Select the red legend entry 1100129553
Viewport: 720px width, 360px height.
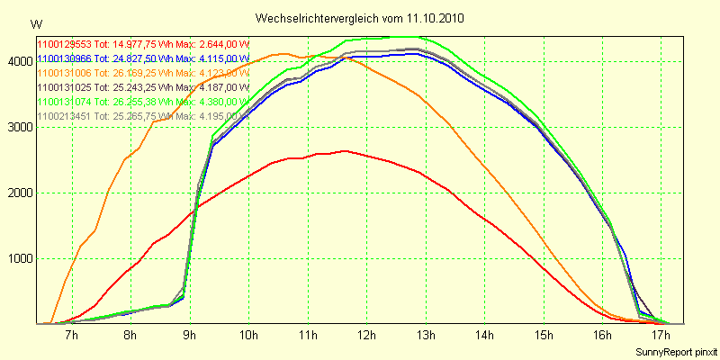142,44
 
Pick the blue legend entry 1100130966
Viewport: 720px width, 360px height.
142,58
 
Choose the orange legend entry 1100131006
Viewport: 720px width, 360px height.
142,73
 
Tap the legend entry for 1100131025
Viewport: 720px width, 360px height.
142,87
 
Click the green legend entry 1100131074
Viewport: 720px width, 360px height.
142,102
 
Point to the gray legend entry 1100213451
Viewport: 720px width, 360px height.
142,116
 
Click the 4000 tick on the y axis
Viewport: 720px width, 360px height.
18,61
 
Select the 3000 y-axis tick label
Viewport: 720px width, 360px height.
18,127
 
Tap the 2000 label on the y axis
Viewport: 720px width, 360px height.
18,193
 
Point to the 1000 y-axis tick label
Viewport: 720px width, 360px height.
18,258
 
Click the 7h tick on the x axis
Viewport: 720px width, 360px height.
71,336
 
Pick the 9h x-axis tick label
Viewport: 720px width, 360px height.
189,336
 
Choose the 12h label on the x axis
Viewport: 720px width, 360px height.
365,336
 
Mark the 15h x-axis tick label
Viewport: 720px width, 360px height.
542,336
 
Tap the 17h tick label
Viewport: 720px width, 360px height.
660,336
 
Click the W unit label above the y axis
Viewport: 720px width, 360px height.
35,23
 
